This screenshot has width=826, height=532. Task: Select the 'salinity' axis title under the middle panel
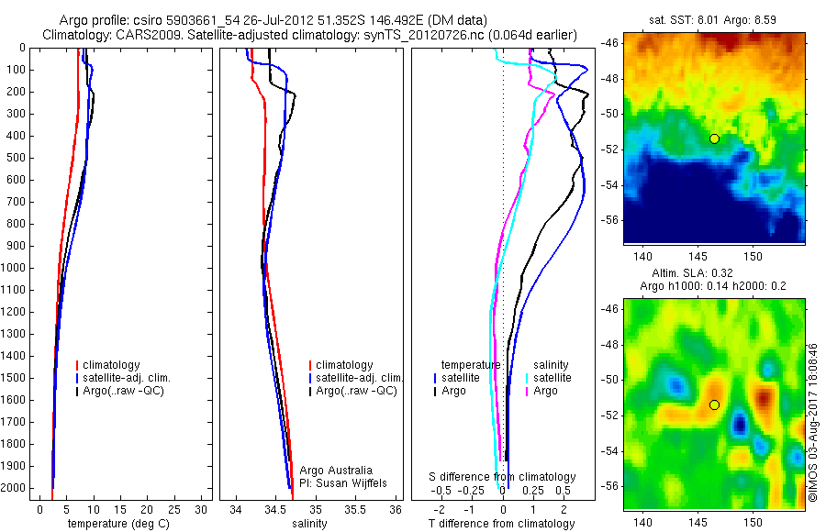[x=308, y=524]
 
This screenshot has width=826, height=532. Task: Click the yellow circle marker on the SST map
[x=714, y=139]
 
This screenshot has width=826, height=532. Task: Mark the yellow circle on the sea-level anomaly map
[x=714, y=405]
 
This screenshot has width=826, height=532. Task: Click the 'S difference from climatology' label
[x=502, y=477]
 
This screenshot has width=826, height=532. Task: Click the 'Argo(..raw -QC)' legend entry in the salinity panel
[x=356, y=391]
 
